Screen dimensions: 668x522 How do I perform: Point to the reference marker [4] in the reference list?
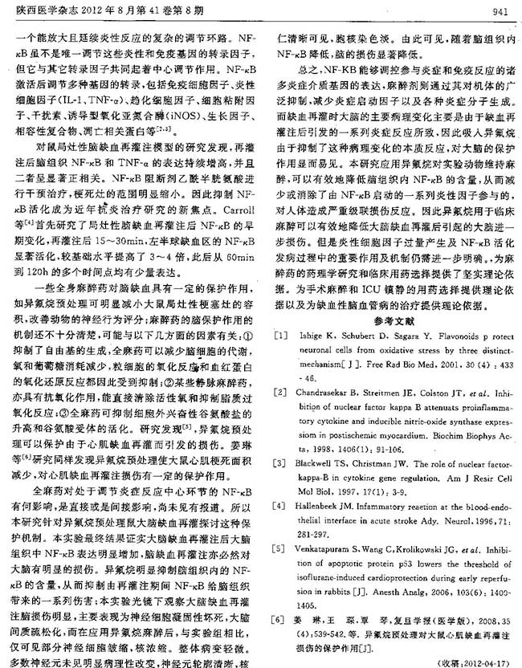[279, 506]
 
